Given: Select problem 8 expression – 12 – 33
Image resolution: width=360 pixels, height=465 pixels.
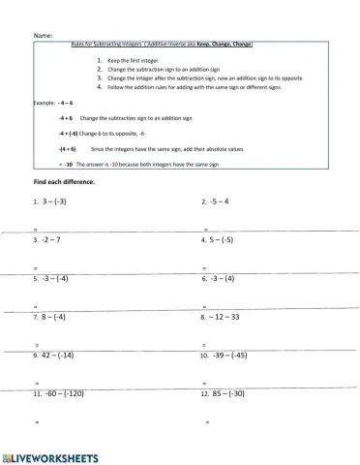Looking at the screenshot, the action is pos(224,317).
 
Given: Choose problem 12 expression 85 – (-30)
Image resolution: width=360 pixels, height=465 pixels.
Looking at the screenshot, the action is pos(228,394).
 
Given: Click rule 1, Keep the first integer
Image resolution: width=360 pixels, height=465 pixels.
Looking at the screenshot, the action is pos(133,60).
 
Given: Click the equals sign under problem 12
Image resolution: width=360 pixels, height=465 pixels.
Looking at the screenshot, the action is pos(207,423).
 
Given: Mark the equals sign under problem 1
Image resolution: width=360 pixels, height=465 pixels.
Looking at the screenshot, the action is pos(37,229).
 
